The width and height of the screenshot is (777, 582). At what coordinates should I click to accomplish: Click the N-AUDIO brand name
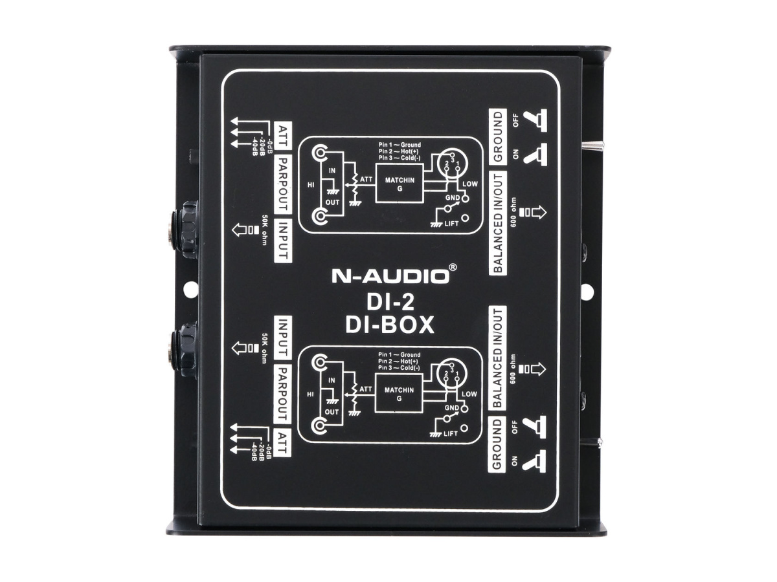click(390, 276)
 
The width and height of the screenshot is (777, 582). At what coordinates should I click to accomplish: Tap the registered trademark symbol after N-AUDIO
click(453, 266)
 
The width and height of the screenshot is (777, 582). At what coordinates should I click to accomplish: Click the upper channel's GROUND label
click(497, 136)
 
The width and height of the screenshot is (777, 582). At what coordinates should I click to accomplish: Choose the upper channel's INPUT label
click(282, 239)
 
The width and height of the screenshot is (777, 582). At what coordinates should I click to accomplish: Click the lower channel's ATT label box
click(282, 440)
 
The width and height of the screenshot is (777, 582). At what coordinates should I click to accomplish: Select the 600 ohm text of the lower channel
click(513, 369)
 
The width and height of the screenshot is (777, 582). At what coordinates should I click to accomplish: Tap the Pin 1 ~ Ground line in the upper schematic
click(400, 145)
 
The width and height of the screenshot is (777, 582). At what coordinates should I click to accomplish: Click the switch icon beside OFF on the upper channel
click(535, 120)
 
